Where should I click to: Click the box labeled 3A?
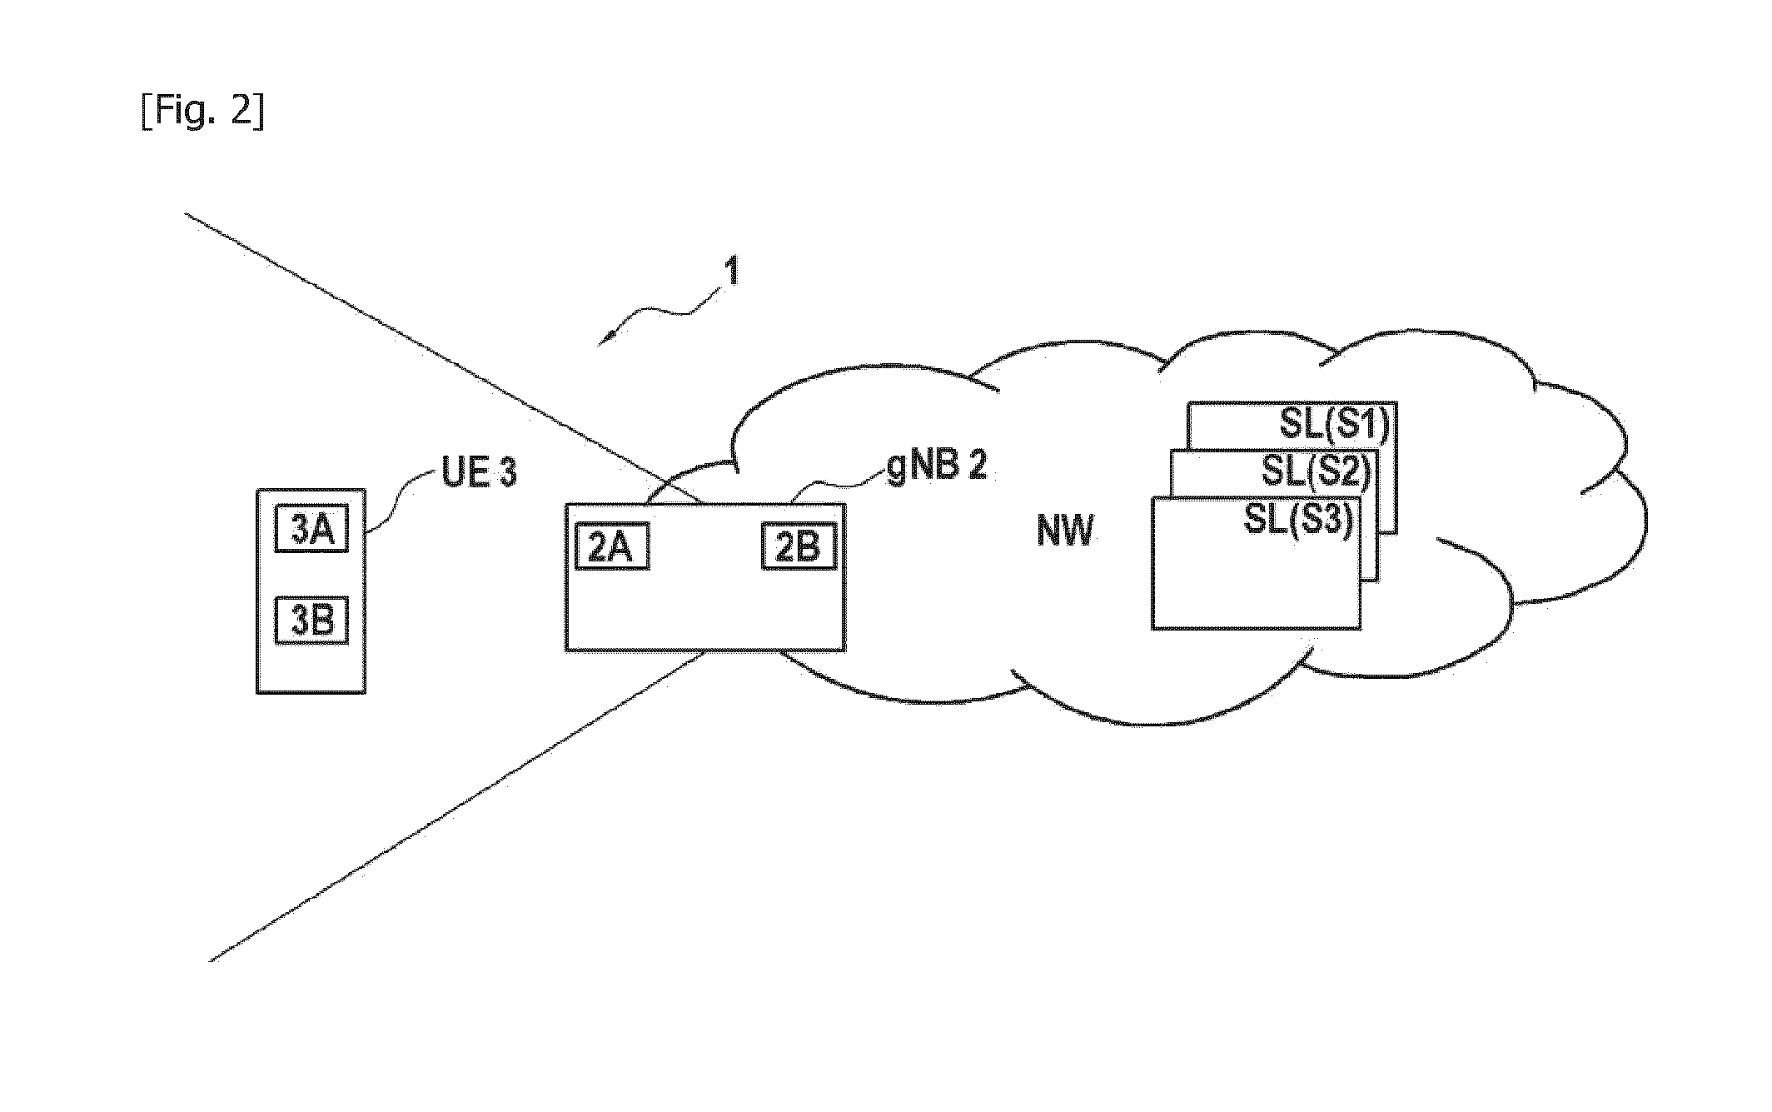[311, 530]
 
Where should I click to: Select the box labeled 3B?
[311, 620]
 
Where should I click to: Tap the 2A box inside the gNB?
[612, 547]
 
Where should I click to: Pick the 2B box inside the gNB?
[798, 546]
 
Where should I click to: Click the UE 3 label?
[479, 473]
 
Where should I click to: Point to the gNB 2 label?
[938, 466]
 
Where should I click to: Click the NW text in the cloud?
[1065, 531]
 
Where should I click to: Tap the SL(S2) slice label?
[1316, 472]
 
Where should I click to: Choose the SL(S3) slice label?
[1297, 520]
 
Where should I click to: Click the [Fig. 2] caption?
[202, 111]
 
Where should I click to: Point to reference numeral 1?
[732, 272]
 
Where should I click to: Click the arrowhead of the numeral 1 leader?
[605, 339]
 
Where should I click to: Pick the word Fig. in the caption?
[188, 111]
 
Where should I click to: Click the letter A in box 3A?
[326, 530]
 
